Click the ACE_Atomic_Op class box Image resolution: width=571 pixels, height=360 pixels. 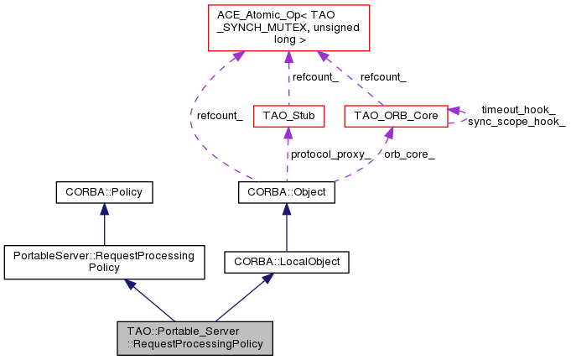point(288,28)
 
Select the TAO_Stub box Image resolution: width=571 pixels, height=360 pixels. point(288,117)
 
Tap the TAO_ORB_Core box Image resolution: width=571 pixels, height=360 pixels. point(397,117)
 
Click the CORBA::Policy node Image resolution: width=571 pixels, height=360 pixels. point(104,192)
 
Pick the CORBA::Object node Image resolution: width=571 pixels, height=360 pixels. point(287,192)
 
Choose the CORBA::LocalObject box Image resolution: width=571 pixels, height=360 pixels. point(287,262)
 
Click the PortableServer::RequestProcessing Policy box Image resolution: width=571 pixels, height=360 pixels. point(104,262)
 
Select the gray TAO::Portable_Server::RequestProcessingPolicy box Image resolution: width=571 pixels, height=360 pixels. point(195,338)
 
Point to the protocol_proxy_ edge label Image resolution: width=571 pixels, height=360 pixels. point(330,154)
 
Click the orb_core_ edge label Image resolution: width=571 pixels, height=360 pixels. point(409,154)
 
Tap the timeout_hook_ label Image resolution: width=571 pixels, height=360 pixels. point(518,110)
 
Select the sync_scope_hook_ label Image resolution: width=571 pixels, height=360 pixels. point(516,122)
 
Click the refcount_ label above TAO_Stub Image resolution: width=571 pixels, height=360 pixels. point(315,77)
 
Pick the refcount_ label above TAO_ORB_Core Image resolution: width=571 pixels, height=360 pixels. point(383,77)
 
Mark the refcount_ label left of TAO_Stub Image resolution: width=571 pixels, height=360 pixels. point(220,116)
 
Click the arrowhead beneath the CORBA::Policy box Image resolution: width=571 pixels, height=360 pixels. point(105,209)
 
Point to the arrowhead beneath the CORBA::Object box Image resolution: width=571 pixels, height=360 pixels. point(287,209)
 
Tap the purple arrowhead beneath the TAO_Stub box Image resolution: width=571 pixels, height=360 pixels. point(288,133)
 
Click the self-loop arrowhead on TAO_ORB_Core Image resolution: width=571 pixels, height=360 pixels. point(454,111)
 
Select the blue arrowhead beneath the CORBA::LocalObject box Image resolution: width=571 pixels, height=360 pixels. point(267,279)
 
